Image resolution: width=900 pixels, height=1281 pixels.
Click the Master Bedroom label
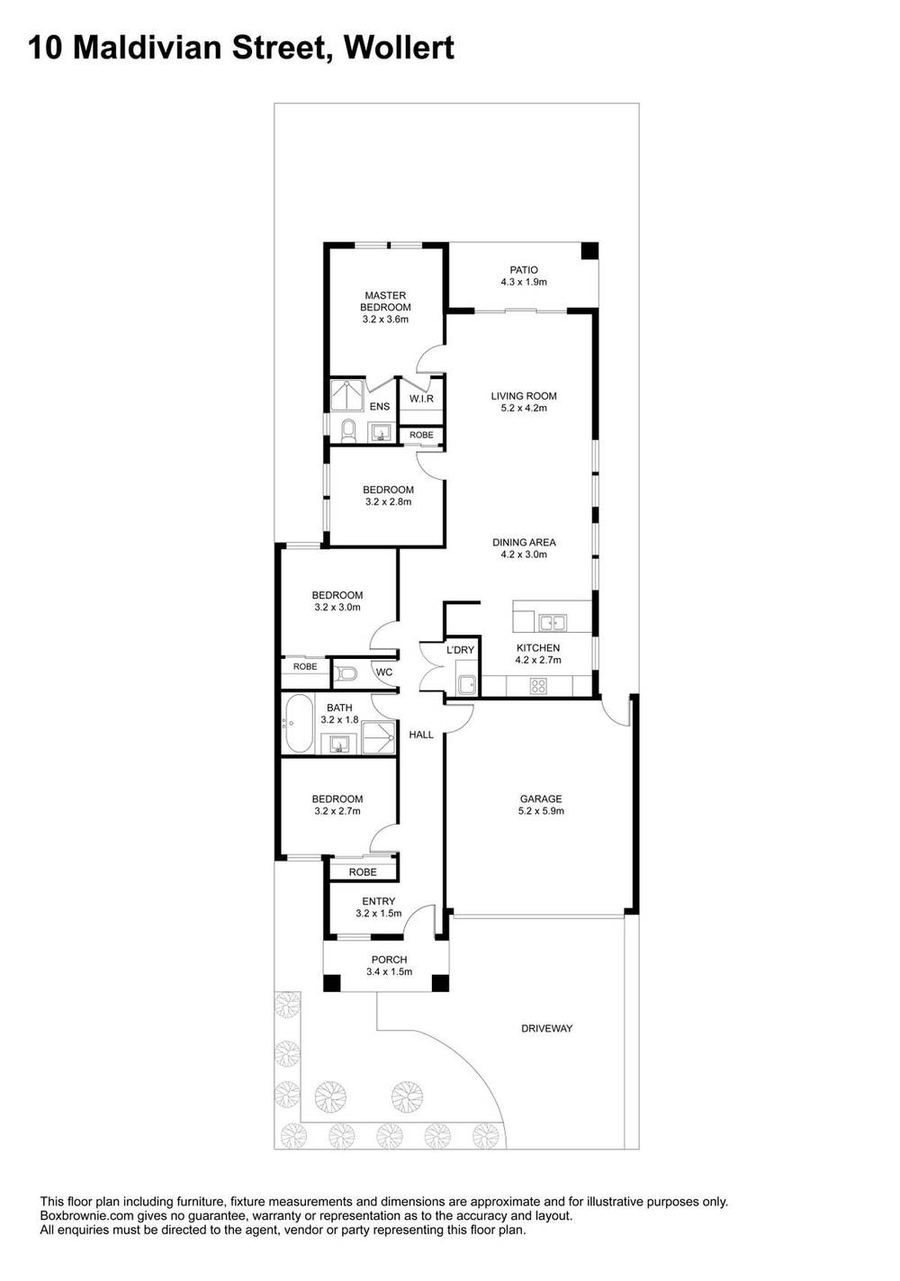[x=385, y=307]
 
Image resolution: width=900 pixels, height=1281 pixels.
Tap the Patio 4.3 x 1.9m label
[x=524, y=275]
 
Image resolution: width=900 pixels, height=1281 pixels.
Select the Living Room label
[x=524, y=401]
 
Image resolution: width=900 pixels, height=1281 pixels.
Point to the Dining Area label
[x=524, y=548]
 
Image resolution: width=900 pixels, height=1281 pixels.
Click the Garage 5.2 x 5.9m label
[x=540, y=805]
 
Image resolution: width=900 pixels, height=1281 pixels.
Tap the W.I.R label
[x=421, y=399]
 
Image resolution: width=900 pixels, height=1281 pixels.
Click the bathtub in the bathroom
[x=298, y=724]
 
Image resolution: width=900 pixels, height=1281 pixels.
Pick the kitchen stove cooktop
[x=538, y=686]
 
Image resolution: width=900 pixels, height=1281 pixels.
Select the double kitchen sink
[x=553, y=623]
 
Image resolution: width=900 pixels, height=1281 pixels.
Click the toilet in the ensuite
[x=347, y=430]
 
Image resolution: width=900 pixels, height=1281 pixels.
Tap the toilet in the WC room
[x=346, y=673]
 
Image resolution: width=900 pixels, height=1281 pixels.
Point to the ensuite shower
[x=347, y=394]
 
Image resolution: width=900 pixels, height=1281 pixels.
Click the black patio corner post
[x=589, y=251]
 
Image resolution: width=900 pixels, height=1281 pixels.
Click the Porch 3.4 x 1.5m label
[x=389, y=965]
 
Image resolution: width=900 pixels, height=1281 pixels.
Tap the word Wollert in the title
[x=399, y=47]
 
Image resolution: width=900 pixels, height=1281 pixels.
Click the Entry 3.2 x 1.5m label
[x=379, y=907]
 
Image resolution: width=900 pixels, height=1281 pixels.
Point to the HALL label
[x=421, y=735]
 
